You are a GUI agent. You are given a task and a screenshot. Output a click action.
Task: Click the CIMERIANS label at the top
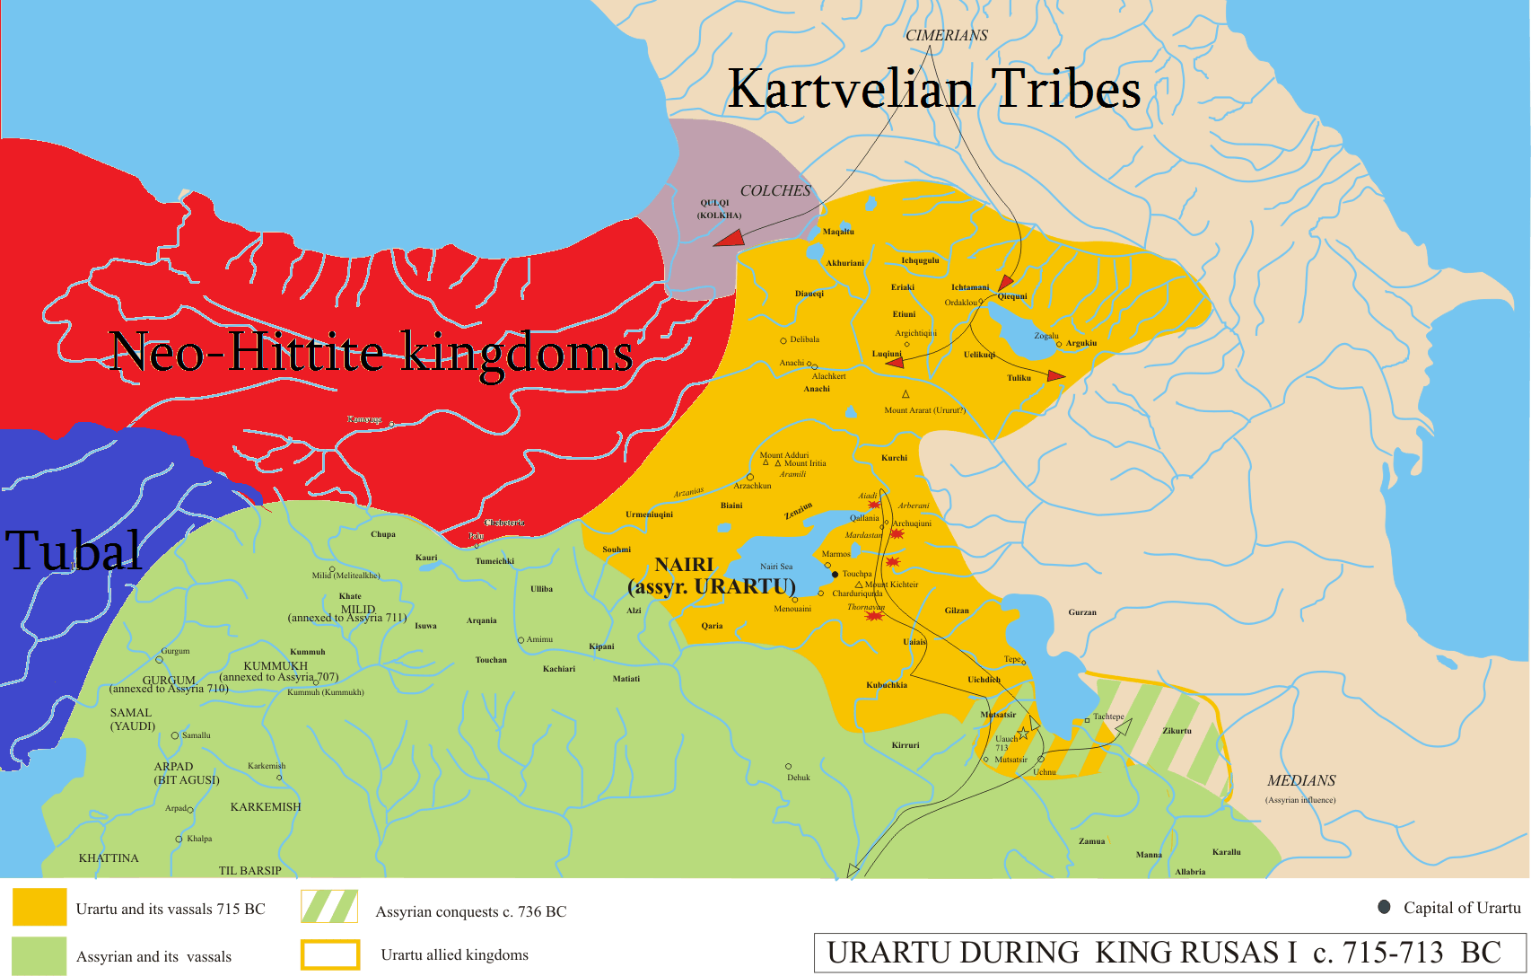pyautogui.click(x=946, y=35)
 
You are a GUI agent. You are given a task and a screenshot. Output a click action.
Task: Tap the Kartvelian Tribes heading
pyautogui.click(x=933, y=89)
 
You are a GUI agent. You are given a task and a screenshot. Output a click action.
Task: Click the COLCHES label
pyautogui.click(x=774, y=190)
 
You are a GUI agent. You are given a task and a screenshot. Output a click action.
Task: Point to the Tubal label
pyautogui.click(x=74, y=550)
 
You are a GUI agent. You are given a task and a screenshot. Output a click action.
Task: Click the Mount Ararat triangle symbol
pyautogui.click(x=905, y=394)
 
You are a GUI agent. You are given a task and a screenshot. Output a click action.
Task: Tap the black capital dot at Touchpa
pyautogui.click(x=835, y=574)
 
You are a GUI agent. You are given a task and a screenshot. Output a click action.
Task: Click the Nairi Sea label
pyautogui.click(x=776, y=567)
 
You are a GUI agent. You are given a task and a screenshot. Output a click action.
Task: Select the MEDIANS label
pyautogui.click(x=1301, y=780)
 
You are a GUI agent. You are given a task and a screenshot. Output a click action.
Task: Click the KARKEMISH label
pyautogui.click(x=266, y=806)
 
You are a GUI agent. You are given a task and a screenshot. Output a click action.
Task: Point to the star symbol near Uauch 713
pyautogui.click(x=1023, y=734)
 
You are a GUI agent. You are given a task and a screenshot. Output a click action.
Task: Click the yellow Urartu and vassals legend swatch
pyautogui.click(x=39, y=907)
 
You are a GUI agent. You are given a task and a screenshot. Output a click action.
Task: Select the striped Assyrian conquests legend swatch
pyautogui.click(x=329, y=907)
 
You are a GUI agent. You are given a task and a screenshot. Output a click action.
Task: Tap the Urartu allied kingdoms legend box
pyautogui.click(x=330, y=954)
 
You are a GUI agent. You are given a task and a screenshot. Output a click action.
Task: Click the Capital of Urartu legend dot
pyautogui.click(x=1384, y=907)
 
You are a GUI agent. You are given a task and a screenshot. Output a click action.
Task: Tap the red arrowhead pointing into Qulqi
pyautogui.click(x=729, y=238)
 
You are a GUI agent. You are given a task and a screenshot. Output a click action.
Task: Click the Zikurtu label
pyautogui.click(x=1177, y=730)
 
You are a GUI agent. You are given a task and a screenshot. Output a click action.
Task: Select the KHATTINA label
pyautogui.click(x=109, y=857)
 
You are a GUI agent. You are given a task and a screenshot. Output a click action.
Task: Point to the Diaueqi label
pyautogui.click(x=809, y=294)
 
